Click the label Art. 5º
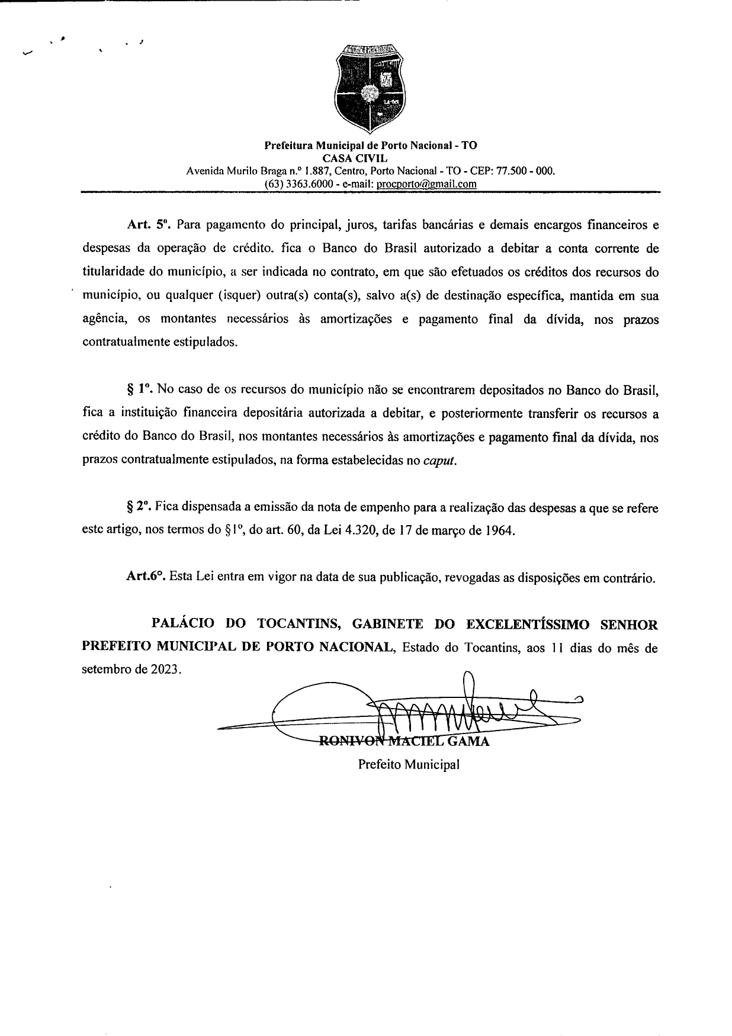coord(148,226)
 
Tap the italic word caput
coord(440,461)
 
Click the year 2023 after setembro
coord(165,671)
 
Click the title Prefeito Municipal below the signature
coord(409,764)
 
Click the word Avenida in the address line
coord(205,171)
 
